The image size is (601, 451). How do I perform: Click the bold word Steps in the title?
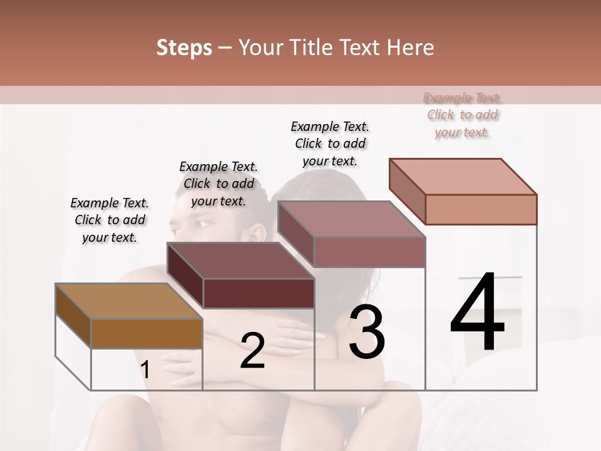click(184, 48)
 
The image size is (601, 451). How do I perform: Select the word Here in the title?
click(411, 48)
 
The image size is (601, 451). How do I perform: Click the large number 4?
click(477, 313)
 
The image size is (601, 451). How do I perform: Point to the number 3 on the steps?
click(367, 332)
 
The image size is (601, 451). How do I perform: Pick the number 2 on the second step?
click(252, 351)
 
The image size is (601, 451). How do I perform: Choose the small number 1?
click(145, 370)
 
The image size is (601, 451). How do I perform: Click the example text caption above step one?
click(110, 220)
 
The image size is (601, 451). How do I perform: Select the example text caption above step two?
click(218, 184)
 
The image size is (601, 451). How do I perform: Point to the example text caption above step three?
click(330, 143)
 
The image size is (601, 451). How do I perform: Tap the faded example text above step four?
click(463, 115)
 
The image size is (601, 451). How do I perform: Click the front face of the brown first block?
click(146, 333)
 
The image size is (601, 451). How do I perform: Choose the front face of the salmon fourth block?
click(481, 209)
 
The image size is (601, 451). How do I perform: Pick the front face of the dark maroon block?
click(259, 293)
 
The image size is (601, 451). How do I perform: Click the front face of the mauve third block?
click(369, 252)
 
